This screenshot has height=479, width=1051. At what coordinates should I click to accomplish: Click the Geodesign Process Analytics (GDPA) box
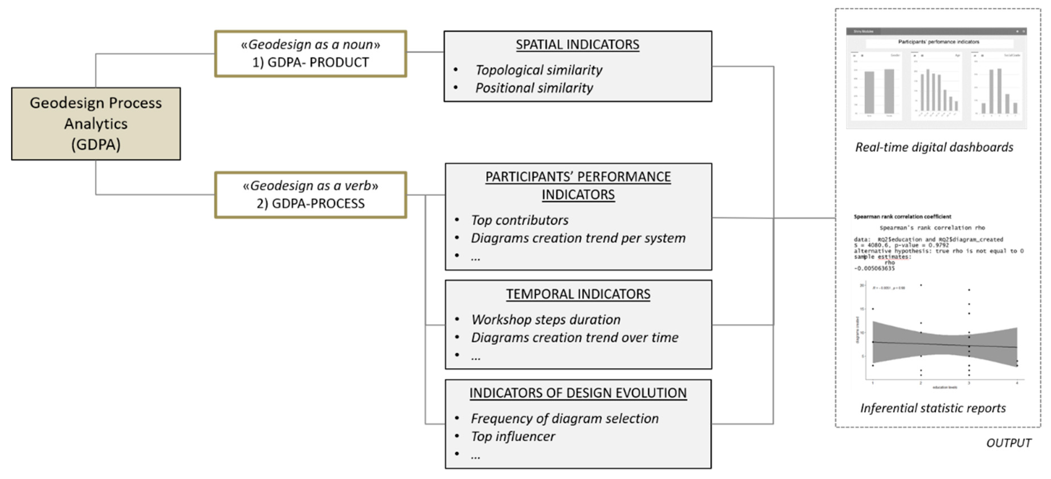point(96,123)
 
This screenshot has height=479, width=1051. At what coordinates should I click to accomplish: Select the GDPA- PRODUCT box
point(310,54)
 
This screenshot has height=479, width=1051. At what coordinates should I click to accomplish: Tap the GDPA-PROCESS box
point(310,195)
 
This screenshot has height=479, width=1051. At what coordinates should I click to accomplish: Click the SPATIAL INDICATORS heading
point(577,44)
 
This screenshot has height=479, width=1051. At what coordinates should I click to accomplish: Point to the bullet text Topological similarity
point(539,70)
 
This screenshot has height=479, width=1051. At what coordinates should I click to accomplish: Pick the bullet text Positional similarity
point(534,88)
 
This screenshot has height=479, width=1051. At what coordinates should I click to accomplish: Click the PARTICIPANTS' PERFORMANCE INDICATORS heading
point(578,185)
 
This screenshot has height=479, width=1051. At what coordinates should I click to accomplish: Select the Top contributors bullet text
point(519,220)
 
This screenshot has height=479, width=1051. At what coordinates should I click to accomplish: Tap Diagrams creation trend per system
point(578,238)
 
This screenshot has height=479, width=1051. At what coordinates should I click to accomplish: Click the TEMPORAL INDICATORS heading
point(578,294)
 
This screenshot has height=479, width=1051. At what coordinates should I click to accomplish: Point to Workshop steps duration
point(546,320)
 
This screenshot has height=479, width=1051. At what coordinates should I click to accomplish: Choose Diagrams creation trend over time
point(574,337)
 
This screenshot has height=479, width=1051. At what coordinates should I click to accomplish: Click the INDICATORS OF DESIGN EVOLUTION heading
point(578,393)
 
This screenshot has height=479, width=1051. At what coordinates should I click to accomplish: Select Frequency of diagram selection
point(565,419)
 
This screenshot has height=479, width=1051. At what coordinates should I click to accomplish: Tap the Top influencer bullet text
point(513,437)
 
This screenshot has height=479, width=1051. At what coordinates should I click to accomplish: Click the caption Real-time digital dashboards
point(934,147)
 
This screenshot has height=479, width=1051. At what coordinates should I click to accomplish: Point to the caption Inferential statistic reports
point(933,408)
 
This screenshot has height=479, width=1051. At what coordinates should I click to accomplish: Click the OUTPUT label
point(1009,443)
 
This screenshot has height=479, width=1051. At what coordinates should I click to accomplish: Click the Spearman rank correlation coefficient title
point(902,217)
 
